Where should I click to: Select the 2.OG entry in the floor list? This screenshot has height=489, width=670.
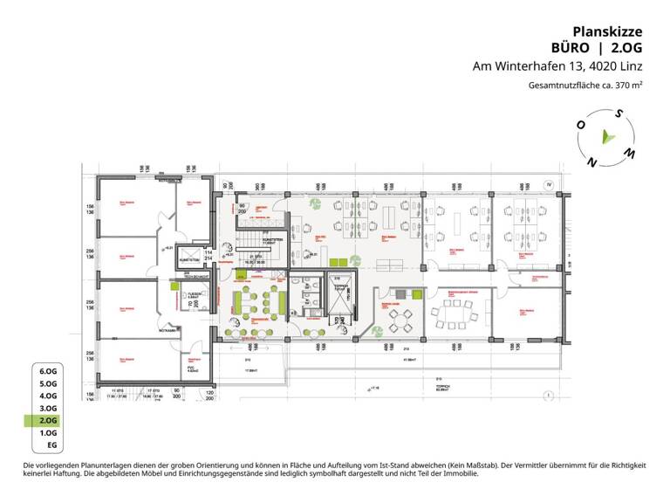[x=47, y=420]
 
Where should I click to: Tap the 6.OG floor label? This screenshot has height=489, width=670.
[x=47, y=371]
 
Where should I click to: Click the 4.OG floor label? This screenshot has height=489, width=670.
[x=47, y=396]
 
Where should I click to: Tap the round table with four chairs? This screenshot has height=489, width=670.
[x=403, y=317]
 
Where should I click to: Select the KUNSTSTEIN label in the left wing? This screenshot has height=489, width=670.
[x=190, y=259]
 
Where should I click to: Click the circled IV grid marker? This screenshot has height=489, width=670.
[x=550, y=185]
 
